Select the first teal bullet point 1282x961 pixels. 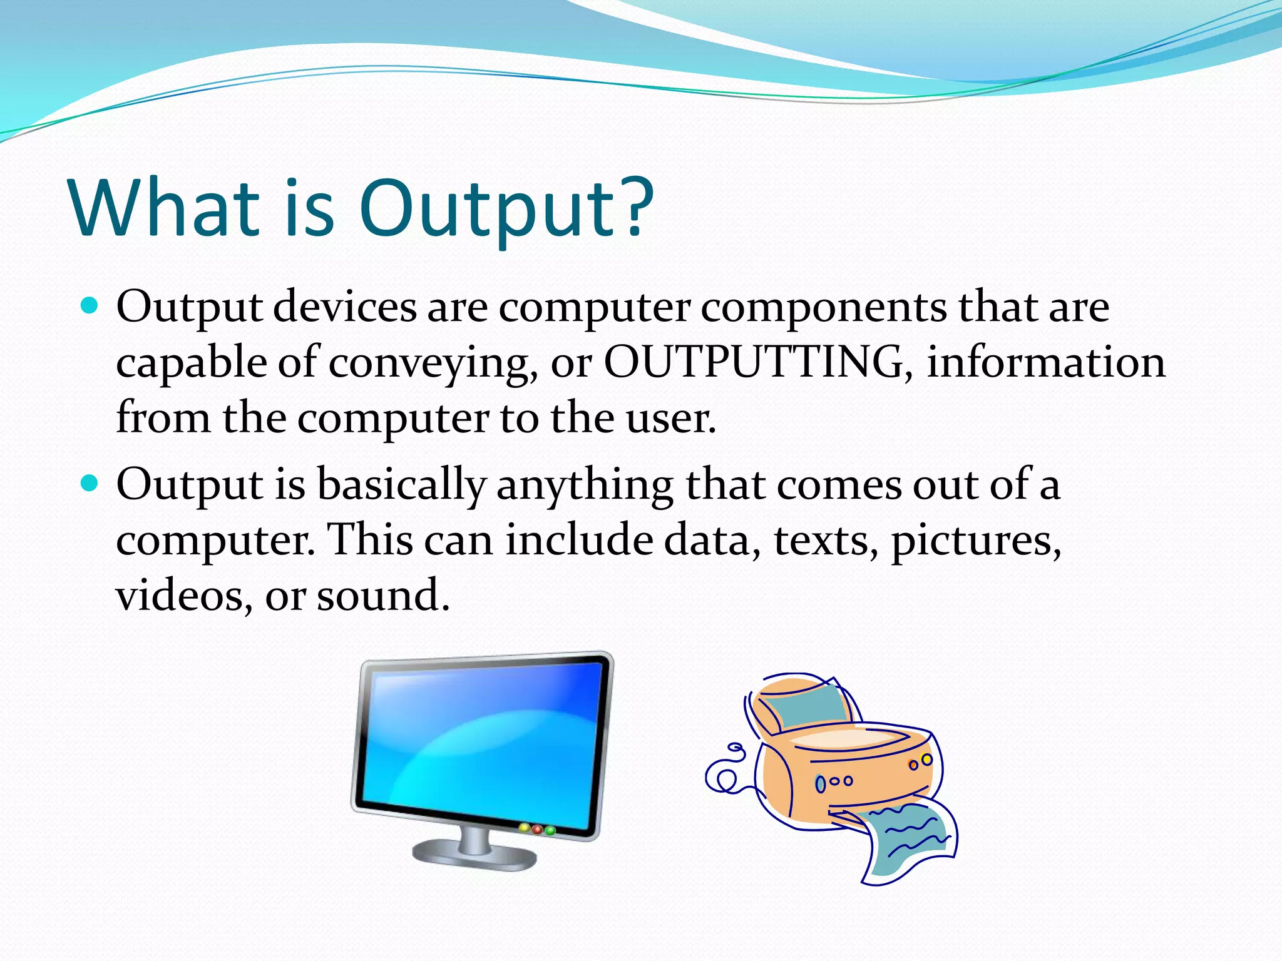tap(91, 306)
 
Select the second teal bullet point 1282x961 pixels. tap(91, 483)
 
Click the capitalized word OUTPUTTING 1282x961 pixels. tap(754, 362)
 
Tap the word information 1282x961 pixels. tap(1045, 362)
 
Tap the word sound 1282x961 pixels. tap(383, 595)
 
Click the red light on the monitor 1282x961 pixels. tap(536, 829)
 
